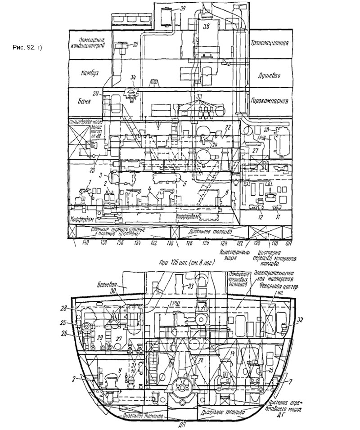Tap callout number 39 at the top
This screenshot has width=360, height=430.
pos(182,9)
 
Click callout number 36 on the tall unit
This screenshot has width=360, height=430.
pos(207,27)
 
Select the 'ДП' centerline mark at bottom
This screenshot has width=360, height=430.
pos(180,423)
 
